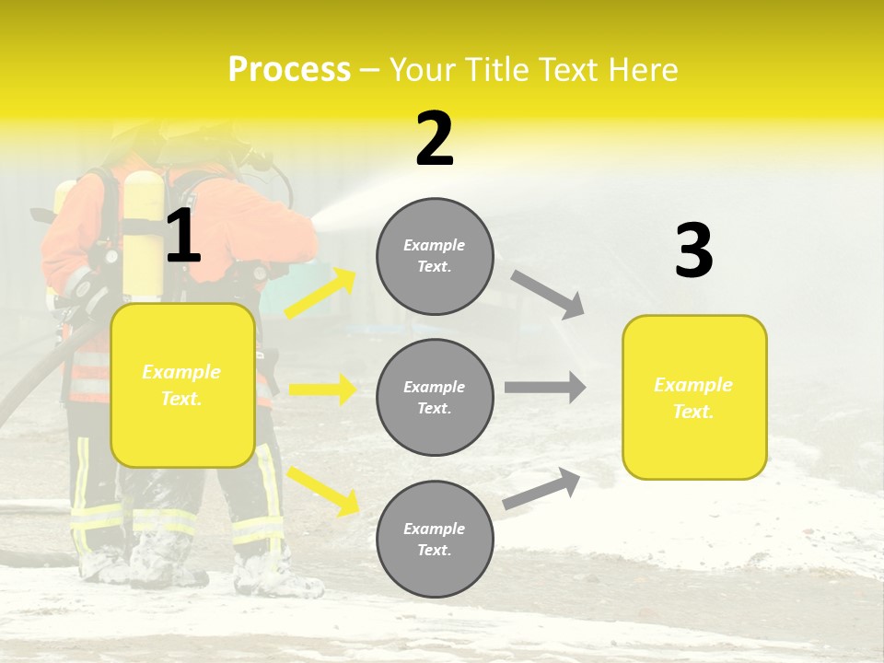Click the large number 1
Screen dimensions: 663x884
[x=183, y=237]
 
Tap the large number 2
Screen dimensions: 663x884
[x=435, y=139]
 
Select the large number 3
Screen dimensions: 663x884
[x=694, y=251]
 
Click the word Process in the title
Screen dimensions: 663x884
[x=289, y=69]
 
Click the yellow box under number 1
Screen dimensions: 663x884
[x=182, y=385]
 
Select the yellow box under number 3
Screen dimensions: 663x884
[x=694, y=397]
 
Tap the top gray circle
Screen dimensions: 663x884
[x=435, y=256]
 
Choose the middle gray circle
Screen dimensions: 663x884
[x=435, y=397]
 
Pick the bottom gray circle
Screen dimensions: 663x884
[x=435, y=539]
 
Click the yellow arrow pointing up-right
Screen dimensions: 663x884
[x=320, y=294]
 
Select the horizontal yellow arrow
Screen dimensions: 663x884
[x=322, y=390]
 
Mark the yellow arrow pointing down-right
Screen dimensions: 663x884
[x=322, y=491]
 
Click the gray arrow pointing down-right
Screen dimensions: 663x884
[x=547, y=295]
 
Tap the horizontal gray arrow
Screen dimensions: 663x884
[x=545, y=388]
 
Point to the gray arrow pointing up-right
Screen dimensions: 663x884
[x=541, y=488]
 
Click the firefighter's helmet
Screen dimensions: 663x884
[x=138, y=138]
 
